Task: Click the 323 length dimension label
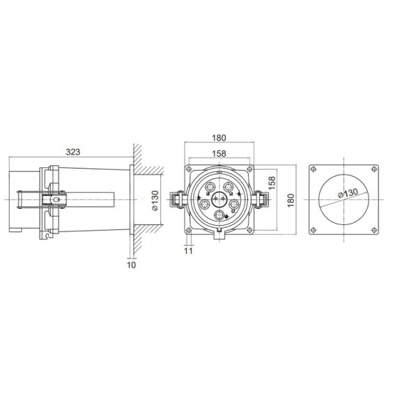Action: point(73,152)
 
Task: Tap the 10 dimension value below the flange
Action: point(132,265)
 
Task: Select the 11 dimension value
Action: point(188,251)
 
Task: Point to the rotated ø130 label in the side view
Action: point(155,201)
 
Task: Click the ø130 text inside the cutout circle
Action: point(349,193)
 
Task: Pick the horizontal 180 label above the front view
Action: point(219,138)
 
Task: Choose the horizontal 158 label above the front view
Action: point(219,154)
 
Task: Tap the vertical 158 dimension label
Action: point(272,183)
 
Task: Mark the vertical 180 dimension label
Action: point(291,200)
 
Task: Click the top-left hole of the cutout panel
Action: point(313,169)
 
